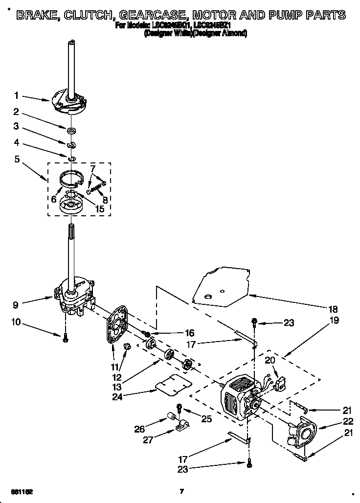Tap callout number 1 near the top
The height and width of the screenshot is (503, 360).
coord(17,95)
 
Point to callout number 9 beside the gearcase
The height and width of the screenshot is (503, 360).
coord(17,305)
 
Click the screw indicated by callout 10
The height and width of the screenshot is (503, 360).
coord(65,339)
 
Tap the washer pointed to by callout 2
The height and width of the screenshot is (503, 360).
coord(71,131)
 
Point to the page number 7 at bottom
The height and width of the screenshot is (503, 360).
coord(181,491)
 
